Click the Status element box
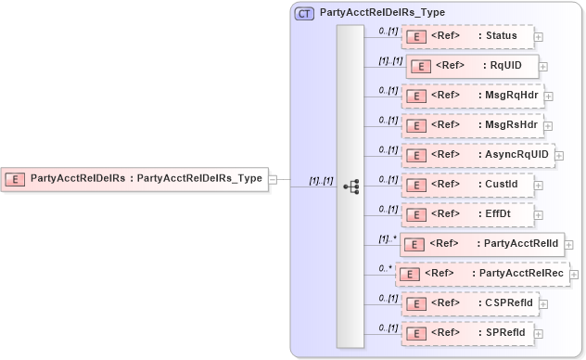point(468,36)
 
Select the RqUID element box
point(472,67)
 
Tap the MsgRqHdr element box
point(472,95)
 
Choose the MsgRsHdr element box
point(472,124)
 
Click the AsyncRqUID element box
point(478,154)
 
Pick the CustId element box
point(468,184)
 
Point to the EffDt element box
point(468,213)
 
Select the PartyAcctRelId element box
point(481,244)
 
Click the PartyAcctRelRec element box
point(483,274)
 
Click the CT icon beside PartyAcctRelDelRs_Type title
point(303,14)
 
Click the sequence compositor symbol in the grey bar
point(350,186)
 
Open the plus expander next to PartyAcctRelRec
point(575,275)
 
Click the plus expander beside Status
point(539,37)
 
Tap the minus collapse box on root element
point(273,178)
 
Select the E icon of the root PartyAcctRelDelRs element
point(17,178)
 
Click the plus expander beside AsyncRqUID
point(559,156)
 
